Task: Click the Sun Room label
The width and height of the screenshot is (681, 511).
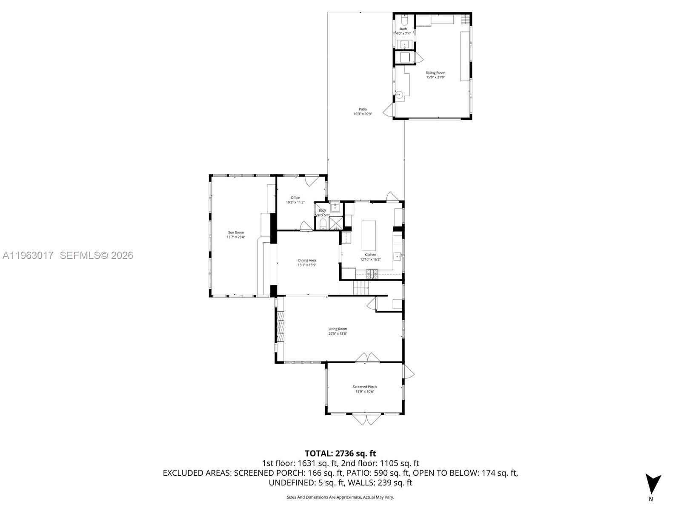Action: click(235, 233)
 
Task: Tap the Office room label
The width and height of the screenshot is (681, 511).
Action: click(295, 198)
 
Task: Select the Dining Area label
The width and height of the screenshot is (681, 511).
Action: click(307, 260)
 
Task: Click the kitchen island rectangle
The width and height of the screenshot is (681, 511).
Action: click(369, 235)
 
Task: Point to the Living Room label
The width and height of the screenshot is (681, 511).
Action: click(338, 329)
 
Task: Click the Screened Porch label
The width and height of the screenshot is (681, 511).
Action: click(365, 387)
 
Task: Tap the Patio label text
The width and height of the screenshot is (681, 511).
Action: click(363, 109)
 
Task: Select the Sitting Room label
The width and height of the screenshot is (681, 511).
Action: click(435, 73)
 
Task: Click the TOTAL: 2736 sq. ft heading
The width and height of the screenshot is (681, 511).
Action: click(340, 454)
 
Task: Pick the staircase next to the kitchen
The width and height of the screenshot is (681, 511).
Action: click(361, 288)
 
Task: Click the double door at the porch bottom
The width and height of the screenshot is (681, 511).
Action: click(366, 419)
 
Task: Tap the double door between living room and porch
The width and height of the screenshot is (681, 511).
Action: click(367, 357)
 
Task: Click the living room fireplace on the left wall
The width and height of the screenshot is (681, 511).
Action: click(280, 327)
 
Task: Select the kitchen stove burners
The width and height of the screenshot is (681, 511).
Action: click(372, 274)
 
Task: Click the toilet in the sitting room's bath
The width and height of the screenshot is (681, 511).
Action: click(404, 20)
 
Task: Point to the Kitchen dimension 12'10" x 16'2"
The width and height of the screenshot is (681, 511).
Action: click(370, 259)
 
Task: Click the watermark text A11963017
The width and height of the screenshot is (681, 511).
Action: click(28, 255)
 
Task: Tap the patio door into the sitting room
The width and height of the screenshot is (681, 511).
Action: click(388, 111)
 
